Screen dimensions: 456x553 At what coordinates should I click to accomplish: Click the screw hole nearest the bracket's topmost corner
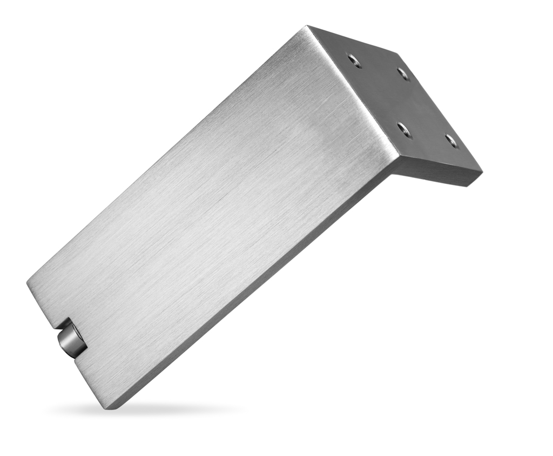[x=354, y=60]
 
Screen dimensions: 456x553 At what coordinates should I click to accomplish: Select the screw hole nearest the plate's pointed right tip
[x=451, y=141]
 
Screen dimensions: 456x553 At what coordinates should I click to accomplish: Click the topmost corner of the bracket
[x=308, y=25]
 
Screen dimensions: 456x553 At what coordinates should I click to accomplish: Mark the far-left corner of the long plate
[x=27, y=282]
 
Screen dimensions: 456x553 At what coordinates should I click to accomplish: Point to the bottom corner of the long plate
[x=108, y=408]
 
